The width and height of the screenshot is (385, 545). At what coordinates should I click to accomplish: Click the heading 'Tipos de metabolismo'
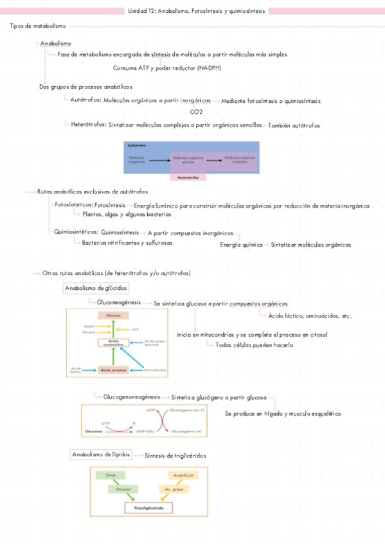click(37, 26)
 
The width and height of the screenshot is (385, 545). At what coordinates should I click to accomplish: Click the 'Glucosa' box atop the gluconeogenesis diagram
click(113, 315)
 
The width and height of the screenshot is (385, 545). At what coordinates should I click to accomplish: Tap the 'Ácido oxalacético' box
click(113, 343)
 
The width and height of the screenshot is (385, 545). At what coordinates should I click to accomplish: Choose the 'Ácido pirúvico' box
click(113, 370)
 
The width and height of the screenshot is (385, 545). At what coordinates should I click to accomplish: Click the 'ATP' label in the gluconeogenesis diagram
click(135, 329)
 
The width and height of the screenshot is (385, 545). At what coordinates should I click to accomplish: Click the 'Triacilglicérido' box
click(148, 507)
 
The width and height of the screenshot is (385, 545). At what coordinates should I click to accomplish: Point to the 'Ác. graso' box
click(174, 489)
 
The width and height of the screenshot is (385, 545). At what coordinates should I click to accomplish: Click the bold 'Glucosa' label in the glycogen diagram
click(94, 430)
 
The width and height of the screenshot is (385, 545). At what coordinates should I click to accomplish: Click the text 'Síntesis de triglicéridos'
click(175, 455)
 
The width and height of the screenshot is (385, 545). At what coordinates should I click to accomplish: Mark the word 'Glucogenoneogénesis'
click(132, 397)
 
